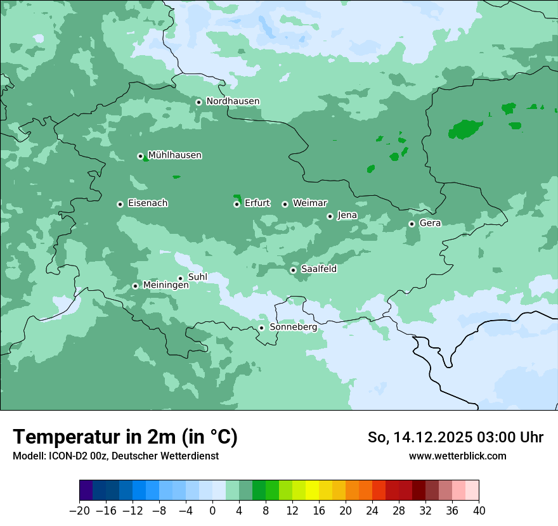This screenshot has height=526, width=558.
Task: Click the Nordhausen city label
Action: tap(233, 101)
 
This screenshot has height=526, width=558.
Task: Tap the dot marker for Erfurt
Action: tap(237, 204)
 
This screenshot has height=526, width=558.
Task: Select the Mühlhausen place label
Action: tap(174, 155)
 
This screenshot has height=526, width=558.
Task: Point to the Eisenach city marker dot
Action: tap(120, 204)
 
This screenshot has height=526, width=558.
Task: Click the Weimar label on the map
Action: tap(309, 203)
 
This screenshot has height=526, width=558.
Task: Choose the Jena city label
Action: tap(347, 215)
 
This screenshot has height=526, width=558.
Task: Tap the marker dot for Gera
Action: tap(412, 224)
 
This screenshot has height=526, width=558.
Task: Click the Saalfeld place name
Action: tap(318, 269)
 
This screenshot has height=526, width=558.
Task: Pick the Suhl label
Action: tap(197, 277)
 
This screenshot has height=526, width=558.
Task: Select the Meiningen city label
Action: tap(165, 286)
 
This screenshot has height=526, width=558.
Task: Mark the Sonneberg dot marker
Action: tap(261, 328)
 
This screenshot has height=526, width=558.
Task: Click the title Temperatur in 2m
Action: tap(125, 437)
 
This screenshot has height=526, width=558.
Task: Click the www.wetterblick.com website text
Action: tap(457, 456)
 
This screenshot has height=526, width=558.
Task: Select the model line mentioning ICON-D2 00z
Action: tap(115, 456)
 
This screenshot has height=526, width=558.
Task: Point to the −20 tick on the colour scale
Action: tap(79, 511)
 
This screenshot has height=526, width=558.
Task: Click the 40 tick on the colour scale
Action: tap(479, 511)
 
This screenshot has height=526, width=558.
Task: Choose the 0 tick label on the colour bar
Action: tap(212, 511)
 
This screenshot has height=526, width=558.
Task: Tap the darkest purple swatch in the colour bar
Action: tap(86, 491)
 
